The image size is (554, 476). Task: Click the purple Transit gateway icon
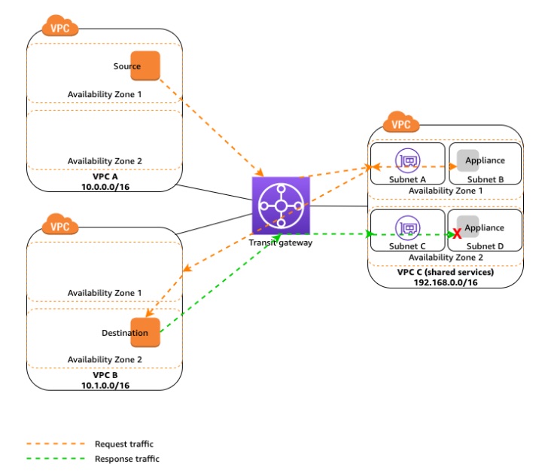click(x=281, y=206)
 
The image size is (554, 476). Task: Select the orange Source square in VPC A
click(x=145, y=66)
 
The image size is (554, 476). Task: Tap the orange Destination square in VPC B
click(x=145, y=332)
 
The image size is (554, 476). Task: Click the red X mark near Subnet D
click(x=456, y=234)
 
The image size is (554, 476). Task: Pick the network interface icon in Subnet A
click(x=407, y=160)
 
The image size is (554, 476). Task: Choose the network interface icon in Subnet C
click(x=407, y=227)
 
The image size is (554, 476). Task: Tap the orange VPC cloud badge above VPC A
click(x=59, y=29)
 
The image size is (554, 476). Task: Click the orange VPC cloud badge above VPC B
click(x=59, y=224)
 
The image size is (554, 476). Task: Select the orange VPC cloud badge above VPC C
click(x=401, y=124)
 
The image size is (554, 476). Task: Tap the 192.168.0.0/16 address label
click(x=445, y=282)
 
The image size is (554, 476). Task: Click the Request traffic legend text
click(x=124, y=444)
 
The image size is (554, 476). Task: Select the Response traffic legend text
click(x=127, y=459)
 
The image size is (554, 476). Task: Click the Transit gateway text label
click(x=280, y=243)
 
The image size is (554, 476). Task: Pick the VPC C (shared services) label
click(x=445, y=272)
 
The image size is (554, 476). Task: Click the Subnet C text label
click(x=407, y=246)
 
